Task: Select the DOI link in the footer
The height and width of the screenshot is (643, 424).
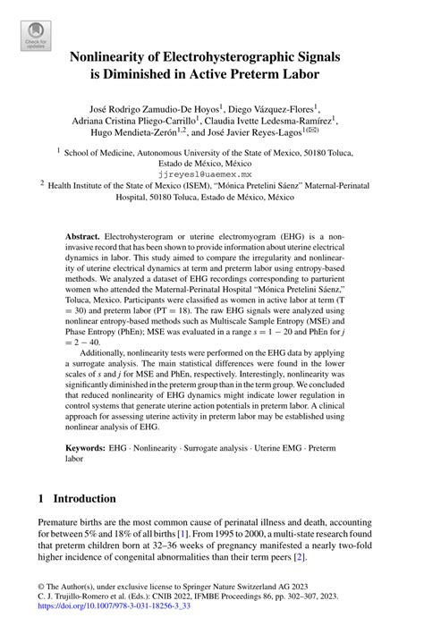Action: coord(117,630)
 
